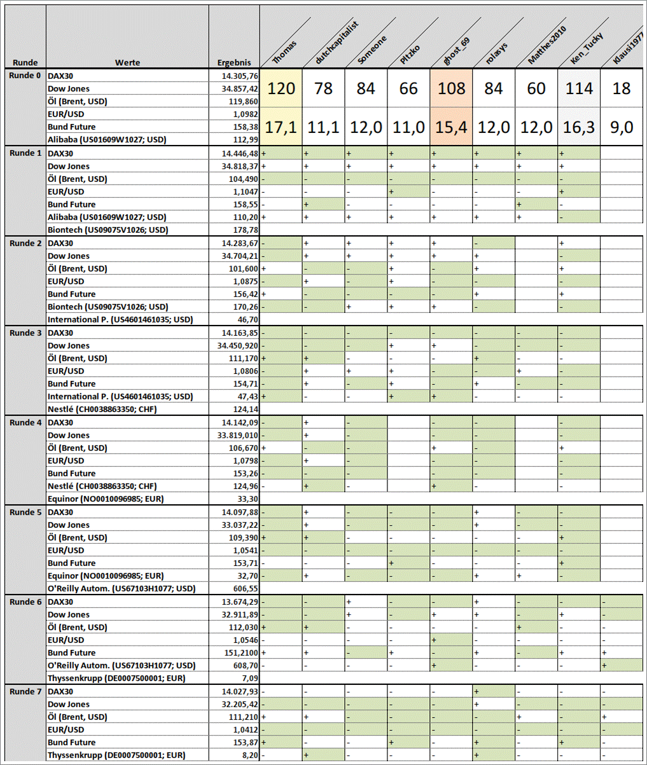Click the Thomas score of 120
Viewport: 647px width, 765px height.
tap(281, 88)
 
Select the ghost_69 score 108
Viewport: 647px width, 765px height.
tap(451, 88)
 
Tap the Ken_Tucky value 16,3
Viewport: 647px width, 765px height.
tap(579, 127)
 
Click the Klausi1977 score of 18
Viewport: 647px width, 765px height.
tap(622, 88)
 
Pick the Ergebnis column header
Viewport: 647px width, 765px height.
tap(233, 62)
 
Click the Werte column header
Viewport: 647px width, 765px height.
tap(127, 62)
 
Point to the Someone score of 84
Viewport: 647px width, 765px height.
tap(366, 88)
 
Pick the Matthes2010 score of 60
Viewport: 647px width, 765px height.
tap(536, 88)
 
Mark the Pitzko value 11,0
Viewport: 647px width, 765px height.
tap(408, 127)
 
